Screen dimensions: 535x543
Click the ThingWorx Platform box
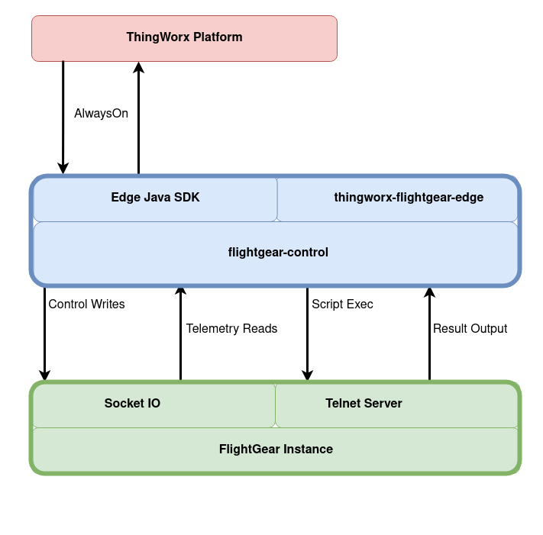pyautogui.click(x=184, y=38)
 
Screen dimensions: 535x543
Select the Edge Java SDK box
pyautogui.click(x=155, y=198)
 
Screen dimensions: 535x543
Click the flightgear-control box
pyautogui.click(x=278, y=253)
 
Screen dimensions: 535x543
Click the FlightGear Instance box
pyautogui.click(x=276, y=450)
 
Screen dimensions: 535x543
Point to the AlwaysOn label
pyautogui.click(x=101, y=114)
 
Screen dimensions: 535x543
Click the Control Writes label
pyautogui.click(x=86, y=305)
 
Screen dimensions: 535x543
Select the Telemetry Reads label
pyautogui.click(x=231, y=329)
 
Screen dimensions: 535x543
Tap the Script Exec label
pyautogui.click(x=342, y=305)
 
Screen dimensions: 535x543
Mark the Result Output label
pyautogui.click(x=470, y=329)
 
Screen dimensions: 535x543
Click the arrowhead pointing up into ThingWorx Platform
pyautogui.click(x=138, y=68)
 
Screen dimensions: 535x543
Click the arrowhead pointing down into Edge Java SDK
pyautogui.click(x=63, y=168)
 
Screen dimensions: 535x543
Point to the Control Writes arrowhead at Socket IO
pyautogui.click(x=44, y=375)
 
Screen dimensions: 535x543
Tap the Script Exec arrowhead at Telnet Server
pyautogui.click(x=307, y=375)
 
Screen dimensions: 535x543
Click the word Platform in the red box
pyautogui.click(x=218, y=37)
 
